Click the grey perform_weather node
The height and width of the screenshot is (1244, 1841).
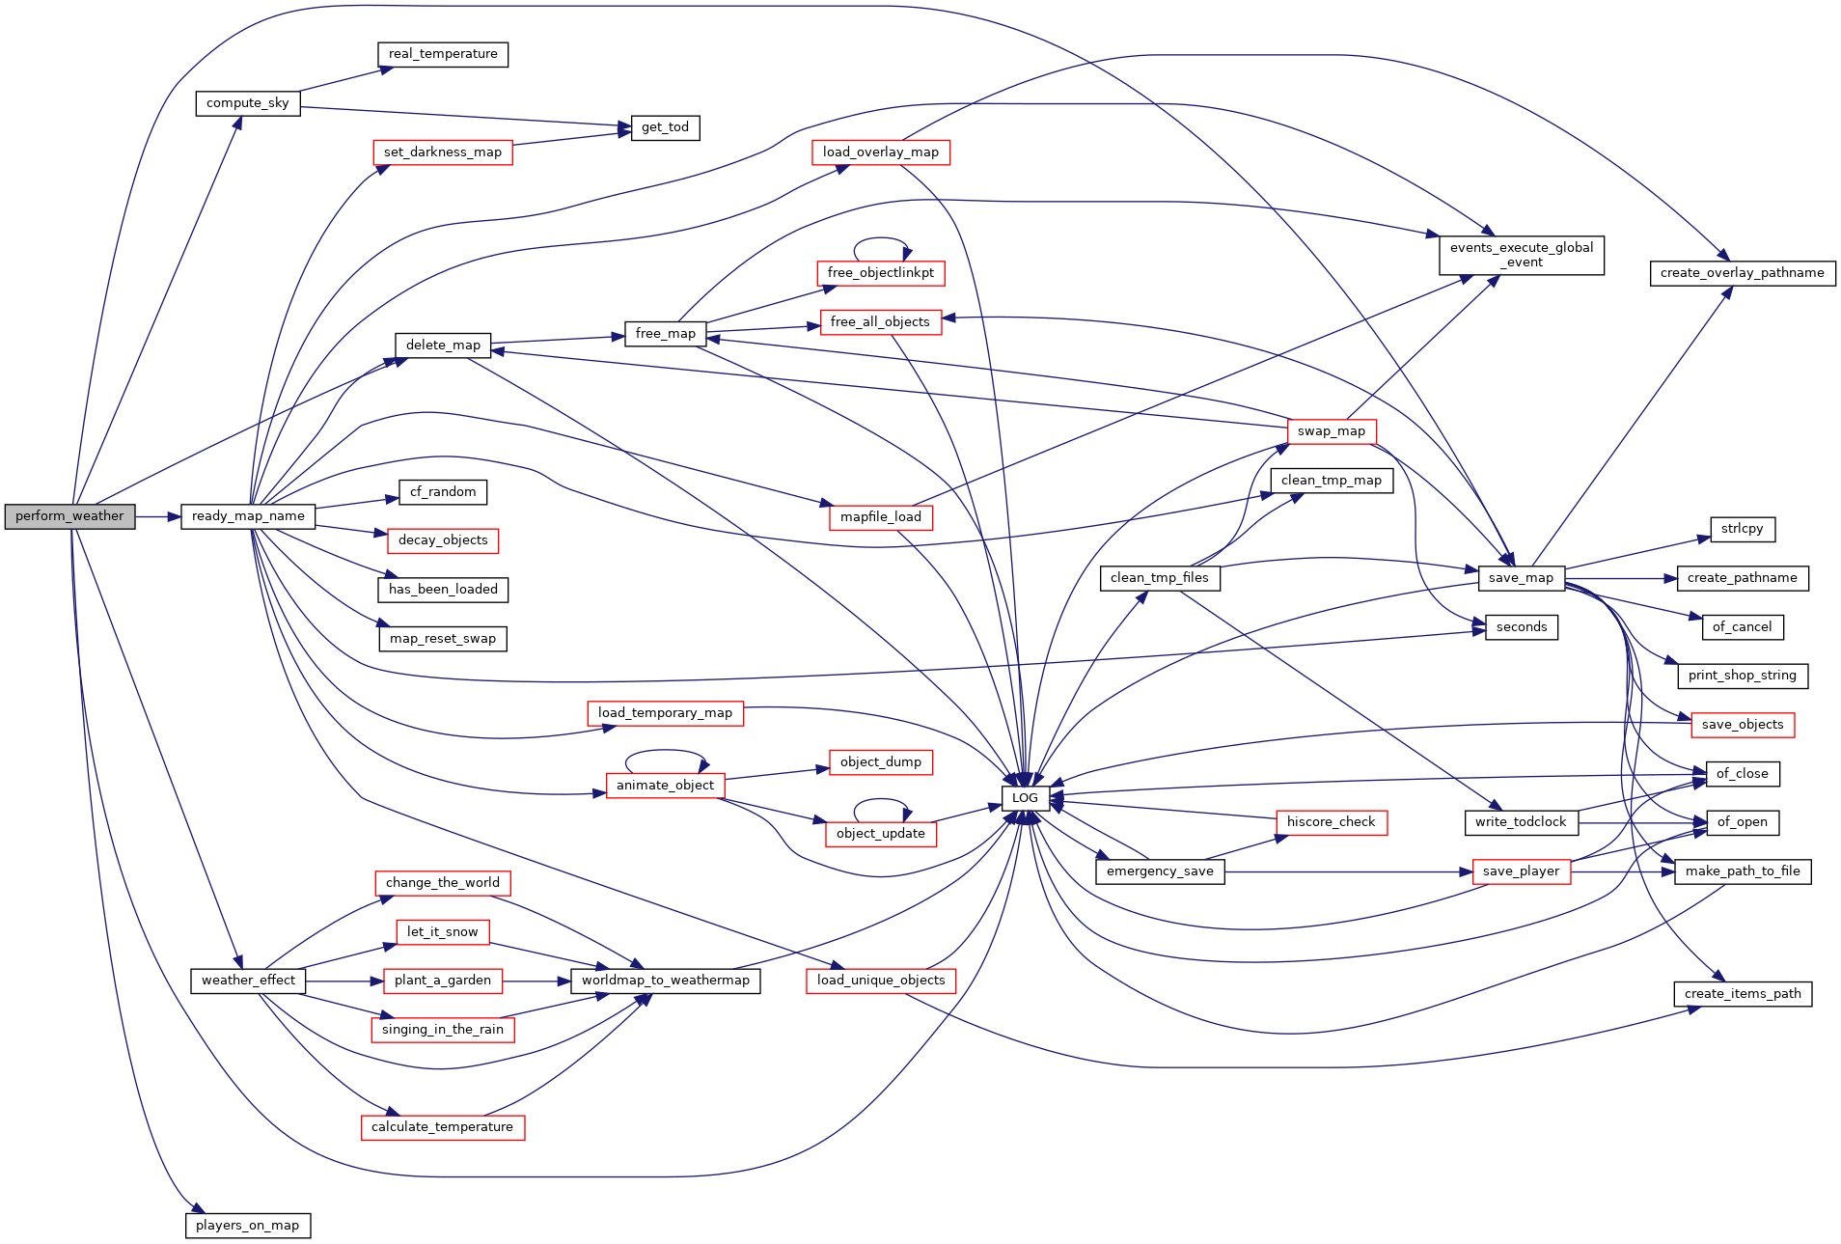tap(69, 516)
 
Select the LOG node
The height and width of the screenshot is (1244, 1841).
tap(1025, 798)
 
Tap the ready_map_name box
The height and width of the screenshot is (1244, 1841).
tap(248, 516)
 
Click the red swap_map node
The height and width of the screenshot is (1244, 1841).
tap(1331, 431)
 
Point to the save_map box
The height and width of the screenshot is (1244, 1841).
tap(1521, 578)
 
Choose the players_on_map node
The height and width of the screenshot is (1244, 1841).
tap(247, 1226)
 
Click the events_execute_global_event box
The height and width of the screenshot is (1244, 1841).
tap(1521, 255)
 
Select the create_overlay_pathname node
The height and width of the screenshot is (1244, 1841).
tap(1742, 273)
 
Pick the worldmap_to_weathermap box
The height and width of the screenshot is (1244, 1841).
tap(665, 981)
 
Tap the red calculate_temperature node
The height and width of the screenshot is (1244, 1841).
tap(442, 1127)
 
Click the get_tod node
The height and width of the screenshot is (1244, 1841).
tap(665, 127)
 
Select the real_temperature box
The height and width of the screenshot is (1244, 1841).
tap(443, 54)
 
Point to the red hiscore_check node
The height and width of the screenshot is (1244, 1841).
tap(1331, 822)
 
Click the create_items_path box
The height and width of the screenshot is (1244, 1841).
tap(1742, 994)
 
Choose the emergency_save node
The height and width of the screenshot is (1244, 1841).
tap(1159, 871)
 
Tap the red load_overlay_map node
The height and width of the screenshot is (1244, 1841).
tap(880, 152)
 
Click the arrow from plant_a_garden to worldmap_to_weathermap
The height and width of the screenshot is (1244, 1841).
tap(536, 981)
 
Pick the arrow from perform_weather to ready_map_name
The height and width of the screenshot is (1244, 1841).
tap(158, 516)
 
